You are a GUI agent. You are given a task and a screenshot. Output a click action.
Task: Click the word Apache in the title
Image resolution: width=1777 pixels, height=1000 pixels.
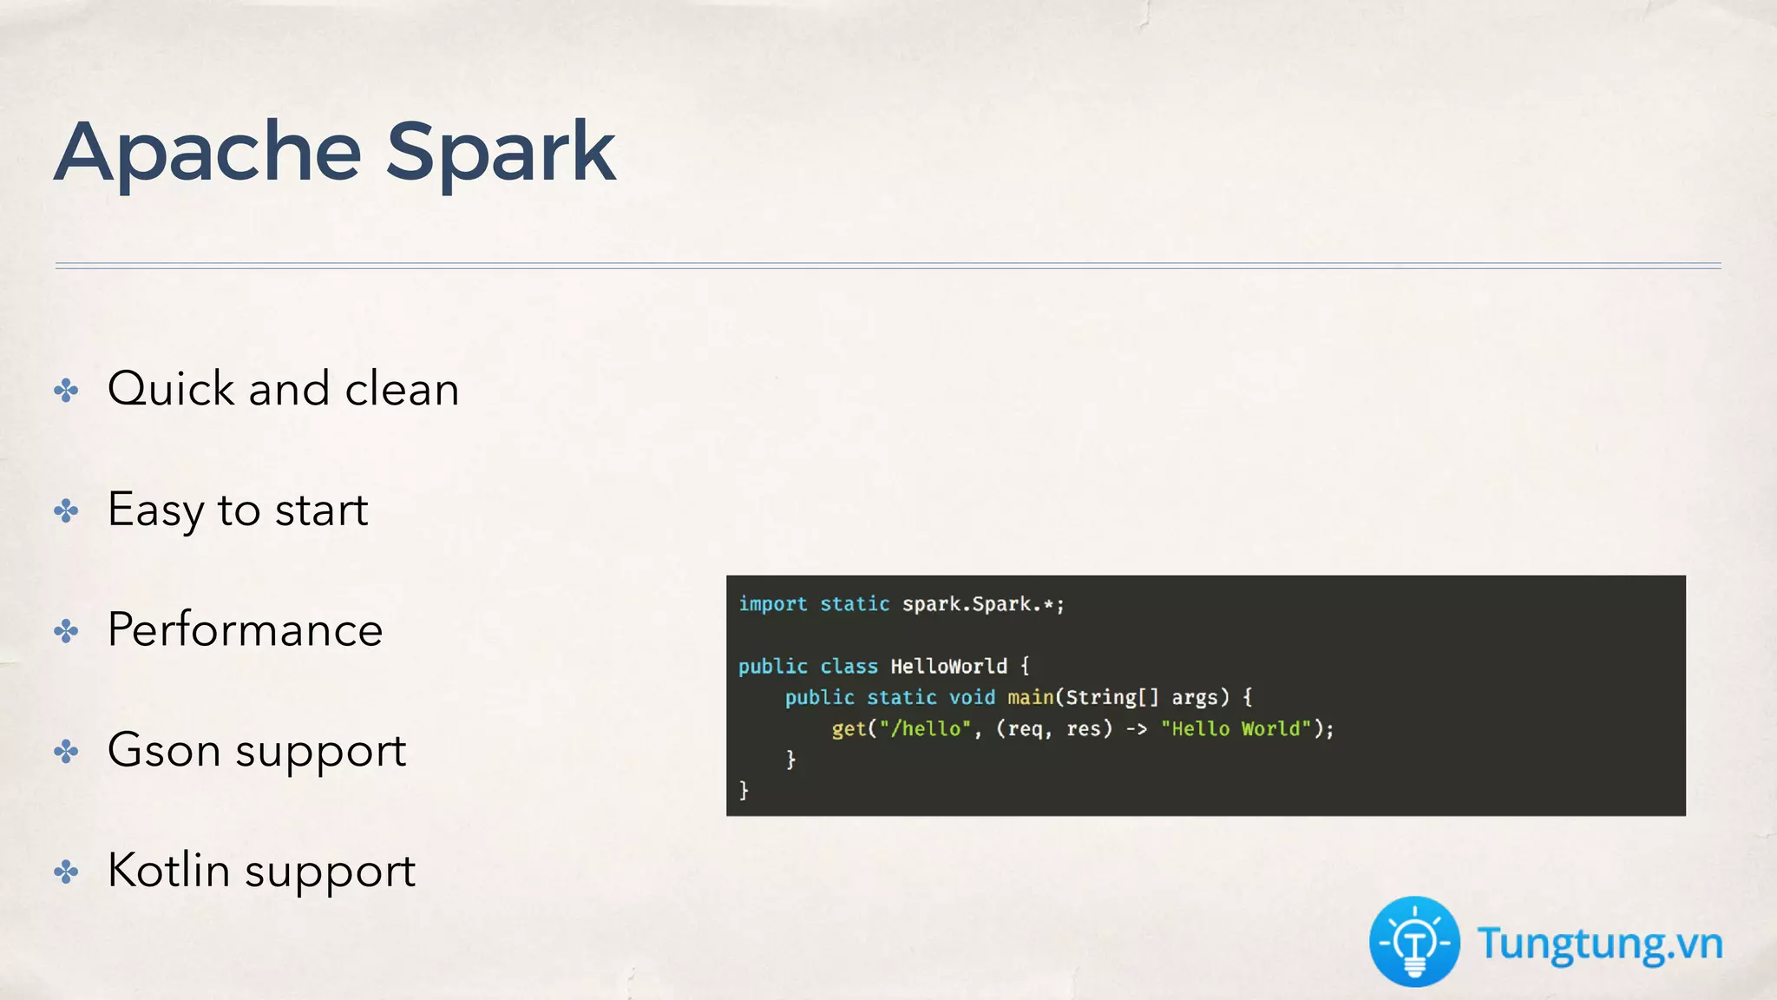(x=208, y=153)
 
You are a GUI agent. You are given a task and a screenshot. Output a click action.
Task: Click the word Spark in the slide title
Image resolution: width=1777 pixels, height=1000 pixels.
(x=501, y=153)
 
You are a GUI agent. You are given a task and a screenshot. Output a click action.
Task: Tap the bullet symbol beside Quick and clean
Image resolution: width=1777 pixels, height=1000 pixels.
(x=66, y=390)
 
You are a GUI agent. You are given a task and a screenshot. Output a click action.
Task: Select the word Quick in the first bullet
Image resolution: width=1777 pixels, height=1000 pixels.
(x=171, y=389)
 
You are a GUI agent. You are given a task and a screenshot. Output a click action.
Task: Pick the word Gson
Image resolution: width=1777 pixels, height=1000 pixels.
(x=164, y=750)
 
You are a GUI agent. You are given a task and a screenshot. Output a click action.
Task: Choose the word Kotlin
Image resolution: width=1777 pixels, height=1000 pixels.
(x=169, y=870)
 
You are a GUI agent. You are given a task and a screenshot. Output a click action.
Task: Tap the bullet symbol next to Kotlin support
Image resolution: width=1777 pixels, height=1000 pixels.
(x=66, y=872)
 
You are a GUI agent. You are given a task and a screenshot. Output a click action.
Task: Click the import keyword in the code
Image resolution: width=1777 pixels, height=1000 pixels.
(x=772, y=604)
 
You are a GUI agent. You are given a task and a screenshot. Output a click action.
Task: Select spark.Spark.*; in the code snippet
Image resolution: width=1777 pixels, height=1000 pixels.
(x=983, y=604)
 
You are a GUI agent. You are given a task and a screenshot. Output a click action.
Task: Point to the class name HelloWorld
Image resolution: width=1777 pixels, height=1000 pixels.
(x=948, y=667)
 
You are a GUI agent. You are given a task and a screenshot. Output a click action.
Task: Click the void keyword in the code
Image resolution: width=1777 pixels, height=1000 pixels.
(x=972, y=698)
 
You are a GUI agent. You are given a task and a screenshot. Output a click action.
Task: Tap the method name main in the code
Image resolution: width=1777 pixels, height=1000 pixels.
(x=1030, y=698)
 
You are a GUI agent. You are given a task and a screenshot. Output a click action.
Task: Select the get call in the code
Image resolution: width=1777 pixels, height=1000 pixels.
(x=849, y=729)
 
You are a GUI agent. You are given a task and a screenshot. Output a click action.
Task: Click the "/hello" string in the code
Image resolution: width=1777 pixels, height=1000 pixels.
(x=925, y=729)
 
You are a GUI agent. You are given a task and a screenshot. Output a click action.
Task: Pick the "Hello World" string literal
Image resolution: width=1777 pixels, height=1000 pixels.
(x=1236, y=729)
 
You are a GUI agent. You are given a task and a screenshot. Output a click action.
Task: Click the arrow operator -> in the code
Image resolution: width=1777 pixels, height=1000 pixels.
(x=1137, y=729)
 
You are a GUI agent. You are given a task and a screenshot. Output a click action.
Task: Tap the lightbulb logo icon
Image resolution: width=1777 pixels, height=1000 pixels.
(x=1414, y=942)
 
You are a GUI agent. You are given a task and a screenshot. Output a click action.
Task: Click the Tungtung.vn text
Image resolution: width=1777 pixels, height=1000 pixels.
(x=1600, y=944)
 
